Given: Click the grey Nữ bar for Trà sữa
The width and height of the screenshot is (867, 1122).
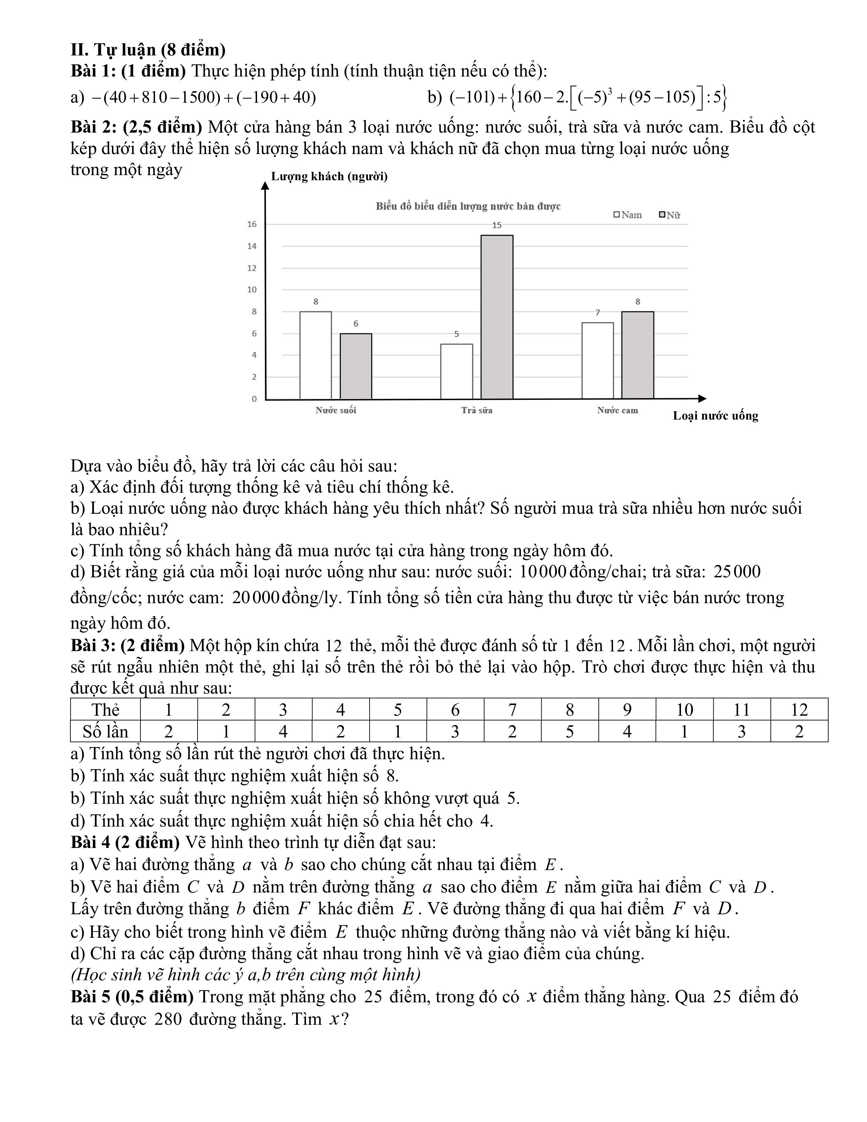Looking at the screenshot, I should tap(497, 317).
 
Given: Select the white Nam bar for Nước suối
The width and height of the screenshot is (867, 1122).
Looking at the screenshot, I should tap(316, 355).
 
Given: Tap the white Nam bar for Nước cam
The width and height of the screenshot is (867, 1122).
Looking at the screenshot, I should tap(597, 361).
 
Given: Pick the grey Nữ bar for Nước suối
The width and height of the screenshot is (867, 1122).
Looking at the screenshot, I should tap(355, 366).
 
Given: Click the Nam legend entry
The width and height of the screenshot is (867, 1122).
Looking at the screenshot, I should tap(628, 215).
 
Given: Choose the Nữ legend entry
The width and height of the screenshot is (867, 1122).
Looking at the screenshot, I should tap(670, 215).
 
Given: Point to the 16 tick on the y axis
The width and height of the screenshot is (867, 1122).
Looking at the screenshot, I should tap(252, 224).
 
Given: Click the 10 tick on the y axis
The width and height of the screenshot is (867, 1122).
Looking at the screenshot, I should tap(252, 290).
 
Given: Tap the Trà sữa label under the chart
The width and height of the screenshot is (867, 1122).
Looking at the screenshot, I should tap(477, 410).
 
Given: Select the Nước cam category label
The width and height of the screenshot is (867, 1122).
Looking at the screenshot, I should tap(617, 410).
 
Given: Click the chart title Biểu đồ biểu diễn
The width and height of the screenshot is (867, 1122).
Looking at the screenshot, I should tap(468, 206).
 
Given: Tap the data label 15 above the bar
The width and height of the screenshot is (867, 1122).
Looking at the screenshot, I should tap(497, 225).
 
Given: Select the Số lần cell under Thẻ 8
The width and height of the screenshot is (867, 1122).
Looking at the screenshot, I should tap(569, 732).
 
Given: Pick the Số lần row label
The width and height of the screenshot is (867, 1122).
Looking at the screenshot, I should tap(105, 732).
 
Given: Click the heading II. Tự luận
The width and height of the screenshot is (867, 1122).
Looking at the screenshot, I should tap(148, 50).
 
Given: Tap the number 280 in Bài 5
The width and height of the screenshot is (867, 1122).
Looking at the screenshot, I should tap(168, 1019).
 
